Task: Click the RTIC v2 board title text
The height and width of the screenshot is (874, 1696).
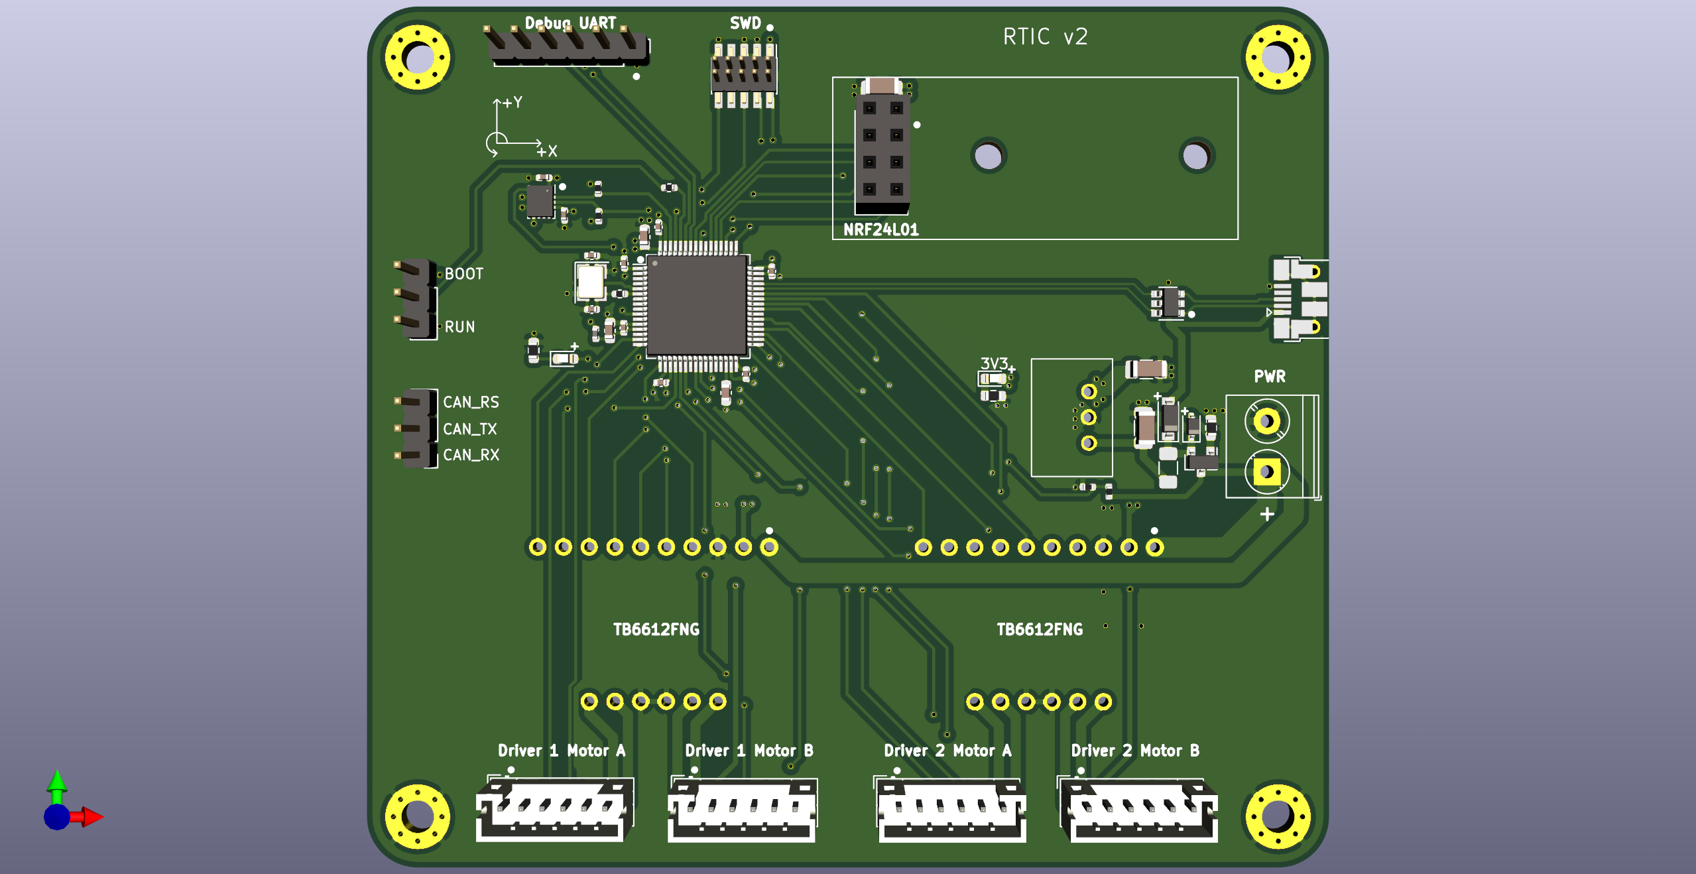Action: [1045, 36]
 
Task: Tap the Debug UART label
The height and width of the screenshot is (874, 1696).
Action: [570, 23]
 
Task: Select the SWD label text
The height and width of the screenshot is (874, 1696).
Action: [745, 23]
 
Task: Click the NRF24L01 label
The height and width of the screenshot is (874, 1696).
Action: [880, 229]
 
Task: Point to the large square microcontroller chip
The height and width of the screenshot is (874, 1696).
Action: [697, 305]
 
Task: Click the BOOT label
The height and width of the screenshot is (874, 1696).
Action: [463, 274]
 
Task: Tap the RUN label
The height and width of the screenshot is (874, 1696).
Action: [459, 327]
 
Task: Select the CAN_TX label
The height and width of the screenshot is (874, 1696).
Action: [469, 429]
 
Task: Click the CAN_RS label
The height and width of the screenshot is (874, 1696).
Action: [471, 402]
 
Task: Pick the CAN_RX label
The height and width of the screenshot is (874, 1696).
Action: [471, 455]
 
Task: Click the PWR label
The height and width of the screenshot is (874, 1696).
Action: [1269, 377]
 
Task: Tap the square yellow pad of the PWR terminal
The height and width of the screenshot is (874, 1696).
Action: [1266, 472]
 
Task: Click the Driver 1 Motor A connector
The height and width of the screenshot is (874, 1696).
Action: [554, 809]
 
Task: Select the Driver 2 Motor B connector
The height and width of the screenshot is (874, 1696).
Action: [1138, 809]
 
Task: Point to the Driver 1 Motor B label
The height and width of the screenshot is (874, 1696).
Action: [749, 751]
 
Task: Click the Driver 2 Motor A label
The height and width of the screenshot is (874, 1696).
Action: [947, 751]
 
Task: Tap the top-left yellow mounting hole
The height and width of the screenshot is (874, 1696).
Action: [418, 57]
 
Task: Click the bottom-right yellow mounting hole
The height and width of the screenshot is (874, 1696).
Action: [1278, 816]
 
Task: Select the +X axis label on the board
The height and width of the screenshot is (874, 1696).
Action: [547, 151]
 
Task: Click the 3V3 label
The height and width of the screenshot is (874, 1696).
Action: [994, 363]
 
